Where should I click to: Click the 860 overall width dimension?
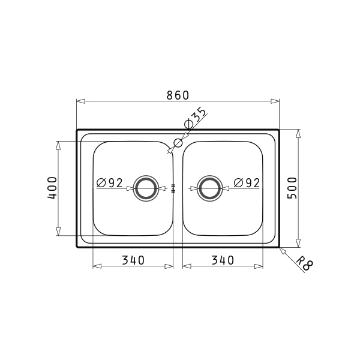tap(178, 95)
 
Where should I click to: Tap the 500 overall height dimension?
tap(292, 188)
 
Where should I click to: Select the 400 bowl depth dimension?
tap(52, 188)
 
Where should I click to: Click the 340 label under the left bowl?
tap(133, 260)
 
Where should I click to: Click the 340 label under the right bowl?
tap(223, 260)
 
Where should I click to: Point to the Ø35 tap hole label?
tap(195, 118)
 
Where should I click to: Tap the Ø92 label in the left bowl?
tap(110, 183)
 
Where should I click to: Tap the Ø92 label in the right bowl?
tap(247, 183)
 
